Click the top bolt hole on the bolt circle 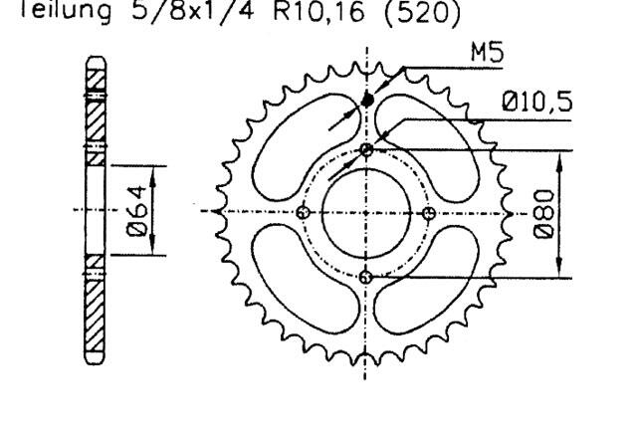[x=366, y=149]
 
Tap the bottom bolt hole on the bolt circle [x=366, y=277]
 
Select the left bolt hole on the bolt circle [x=303, y=213]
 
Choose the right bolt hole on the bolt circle [x=429, y=213]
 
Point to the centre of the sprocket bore [x=366, y=213]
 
